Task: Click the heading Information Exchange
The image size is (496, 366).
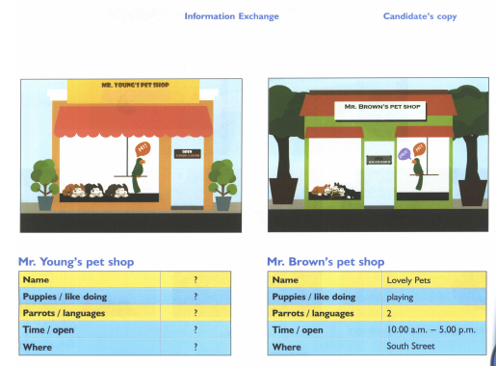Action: [231, 16]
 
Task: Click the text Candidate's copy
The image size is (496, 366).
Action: [420, 16]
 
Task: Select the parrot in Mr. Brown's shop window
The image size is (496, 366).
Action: [418, 169]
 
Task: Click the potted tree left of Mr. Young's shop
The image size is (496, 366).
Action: [43, 183]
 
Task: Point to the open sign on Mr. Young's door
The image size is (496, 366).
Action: [186, 153]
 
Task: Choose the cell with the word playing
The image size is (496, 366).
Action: [400, 297]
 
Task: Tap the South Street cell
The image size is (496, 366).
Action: [410, 346]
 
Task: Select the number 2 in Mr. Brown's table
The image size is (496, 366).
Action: [389, 313]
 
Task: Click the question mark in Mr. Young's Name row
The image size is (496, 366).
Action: [196, 280]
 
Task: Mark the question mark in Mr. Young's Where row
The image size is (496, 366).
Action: [196, 346]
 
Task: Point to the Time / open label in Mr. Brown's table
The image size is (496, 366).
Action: [301, 329]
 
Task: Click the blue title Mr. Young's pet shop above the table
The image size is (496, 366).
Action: [76, 262]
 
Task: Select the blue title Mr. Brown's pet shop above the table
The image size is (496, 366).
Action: [326, 262]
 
